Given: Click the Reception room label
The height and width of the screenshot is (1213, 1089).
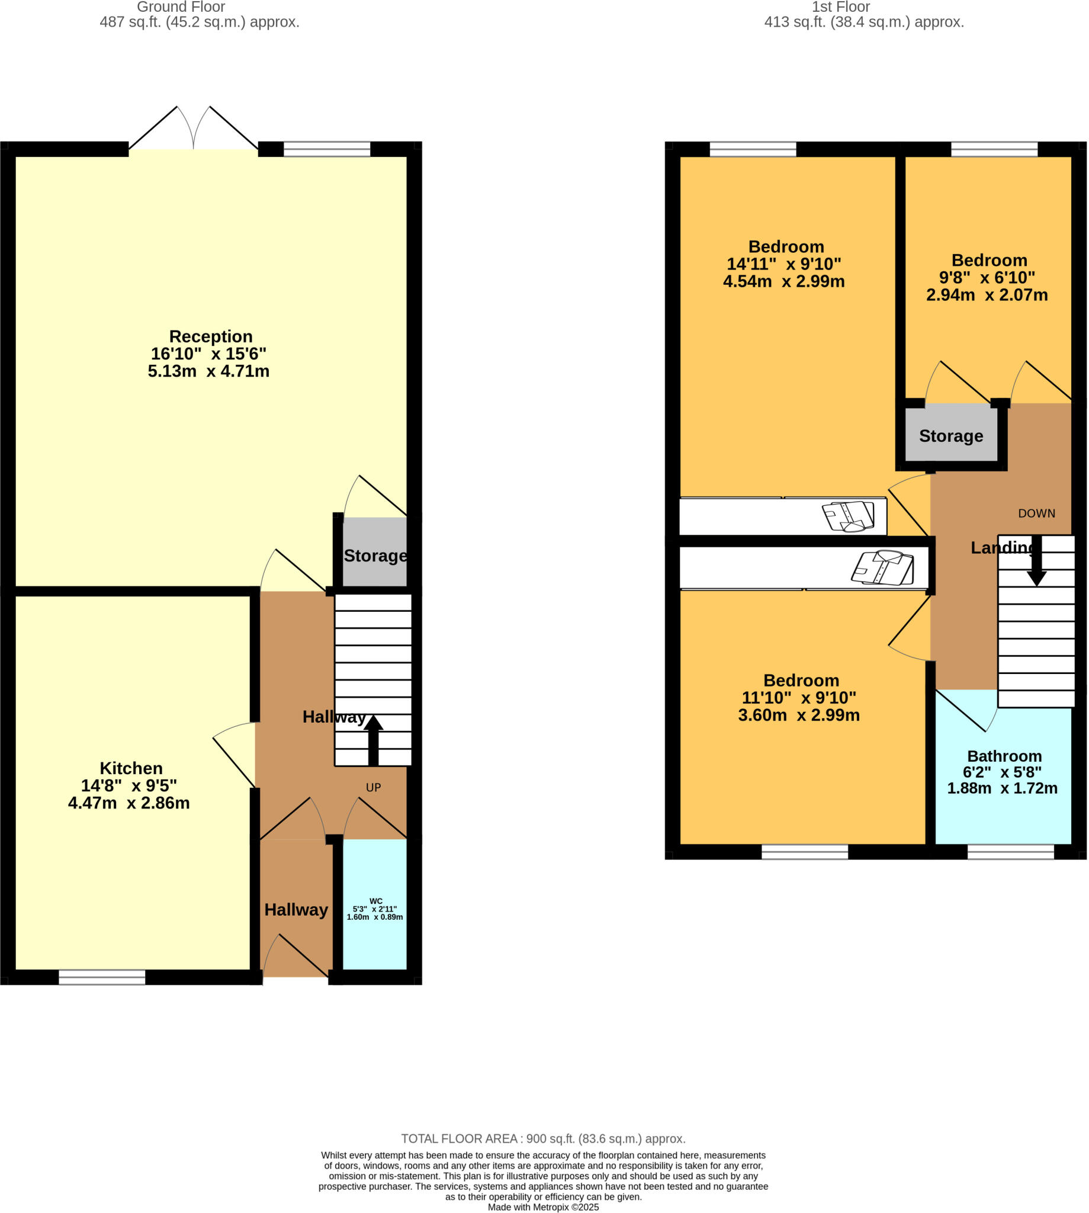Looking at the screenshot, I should (x=211, y=336).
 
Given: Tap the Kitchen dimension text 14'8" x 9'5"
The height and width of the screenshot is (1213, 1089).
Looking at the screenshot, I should (x=129, y=785).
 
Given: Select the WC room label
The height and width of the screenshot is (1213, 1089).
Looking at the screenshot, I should (x=376, y=901).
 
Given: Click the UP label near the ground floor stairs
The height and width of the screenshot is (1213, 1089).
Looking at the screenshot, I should (x=374, y=788).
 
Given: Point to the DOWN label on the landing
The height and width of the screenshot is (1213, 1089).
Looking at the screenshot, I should (x=1036, y=514).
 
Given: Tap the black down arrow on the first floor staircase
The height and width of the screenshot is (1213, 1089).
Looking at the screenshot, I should (x=1036, y=561).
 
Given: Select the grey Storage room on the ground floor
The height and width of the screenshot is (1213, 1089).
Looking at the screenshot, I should (x=375, y=554).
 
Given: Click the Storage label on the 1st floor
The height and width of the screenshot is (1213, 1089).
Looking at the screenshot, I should (x=951, y=436).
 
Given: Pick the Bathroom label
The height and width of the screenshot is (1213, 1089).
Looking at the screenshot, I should (x=1004, y=756).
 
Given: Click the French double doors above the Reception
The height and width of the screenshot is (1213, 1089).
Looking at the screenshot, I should (x=193, y=129).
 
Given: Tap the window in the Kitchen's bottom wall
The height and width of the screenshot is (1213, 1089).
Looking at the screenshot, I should (x=102, y=977).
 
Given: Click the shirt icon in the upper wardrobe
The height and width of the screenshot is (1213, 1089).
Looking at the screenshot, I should (x=849, y=516).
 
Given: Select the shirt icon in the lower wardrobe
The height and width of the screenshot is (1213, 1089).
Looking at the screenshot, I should (x=882, y=567).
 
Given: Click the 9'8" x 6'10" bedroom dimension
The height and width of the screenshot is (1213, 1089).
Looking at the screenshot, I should (x=987, y=278).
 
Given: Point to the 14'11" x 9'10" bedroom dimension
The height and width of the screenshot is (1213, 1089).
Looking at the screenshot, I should (x=784, y=264).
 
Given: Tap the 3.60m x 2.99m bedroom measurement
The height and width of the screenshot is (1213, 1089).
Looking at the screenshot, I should (x=799, y=715).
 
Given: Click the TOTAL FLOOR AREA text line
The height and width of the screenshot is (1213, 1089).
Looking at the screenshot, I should (x=543, y=1139).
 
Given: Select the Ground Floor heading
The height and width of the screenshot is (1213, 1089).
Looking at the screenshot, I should (x=181, y=7).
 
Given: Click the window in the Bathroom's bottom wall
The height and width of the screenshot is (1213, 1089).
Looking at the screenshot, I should (x=1010, y=852).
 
